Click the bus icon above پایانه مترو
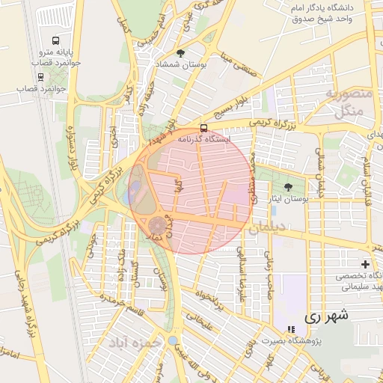point(56,40)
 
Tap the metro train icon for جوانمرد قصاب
point(40,76)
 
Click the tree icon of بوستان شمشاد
point(180,53)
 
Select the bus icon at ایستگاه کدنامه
point(205,127)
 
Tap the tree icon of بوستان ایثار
point(289,187)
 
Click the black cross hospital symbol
point(365,264)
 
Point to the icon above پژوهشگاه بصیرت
point(290,330)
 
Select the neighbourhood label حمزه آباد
point(135,343)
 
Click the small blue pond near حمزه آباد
point(173,341)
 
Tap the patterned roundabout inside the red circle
point(158,225)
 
